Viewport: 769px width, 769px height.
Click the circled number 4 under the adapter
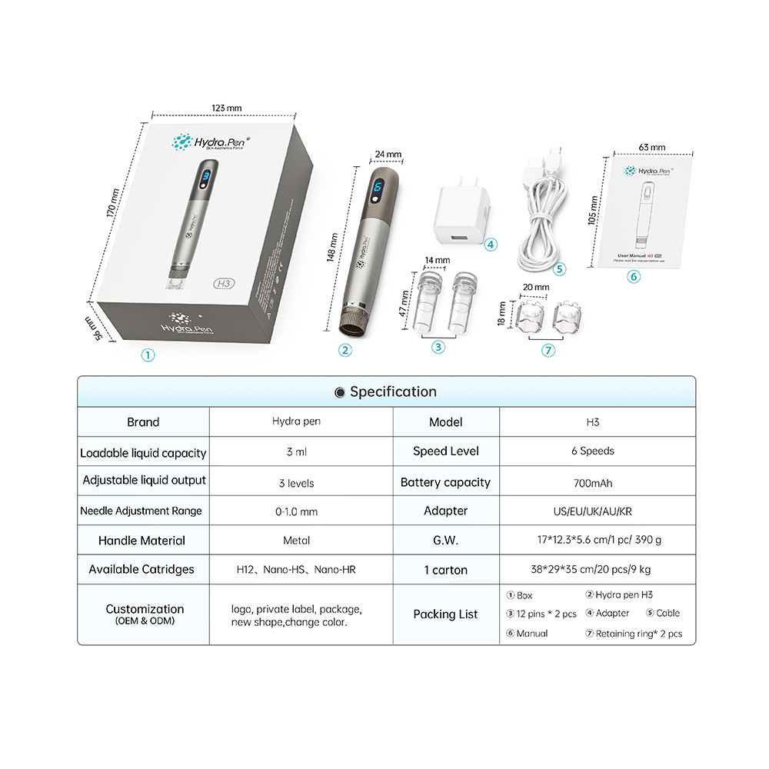(491, 245)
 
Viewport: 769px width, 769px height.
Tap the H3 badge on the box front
(225, 281)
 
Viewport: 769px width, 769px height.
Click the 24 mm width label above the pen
(388, 154)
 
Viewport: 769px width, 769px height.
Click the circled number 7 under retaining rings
(548, 350)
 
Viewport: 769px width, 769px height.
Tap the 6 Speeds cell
(592, 451)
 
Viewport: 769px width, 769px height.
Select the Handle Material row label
(142, 541)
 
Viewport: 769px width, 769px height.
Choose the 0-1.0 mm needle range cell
(296, 511)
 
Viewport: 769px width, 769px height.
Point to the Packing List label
(445, 614)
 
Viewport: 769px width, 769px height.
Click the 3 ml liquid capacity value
(296, 452)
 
